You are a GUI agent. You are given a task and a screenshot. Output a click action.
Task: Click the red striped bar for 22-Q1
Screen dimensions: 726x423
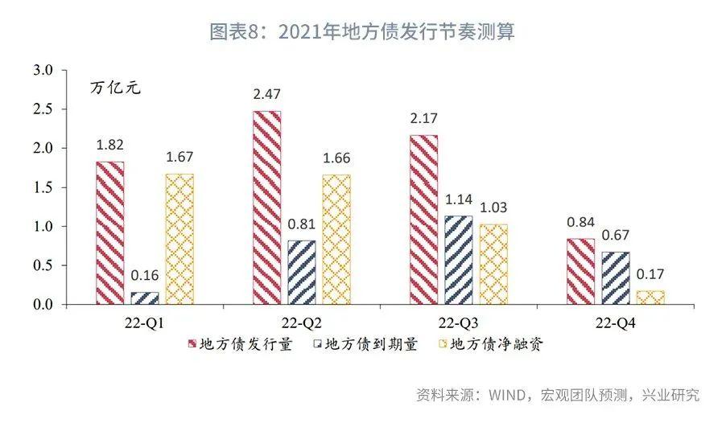point(110,232)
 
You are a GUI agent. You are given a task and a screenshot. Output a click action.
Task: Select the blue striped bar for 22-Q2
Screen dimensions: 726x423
point(301,273)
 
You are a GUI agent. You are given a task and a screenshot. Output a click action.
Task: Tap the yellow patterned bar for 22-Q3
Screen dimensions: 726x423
point(493,265)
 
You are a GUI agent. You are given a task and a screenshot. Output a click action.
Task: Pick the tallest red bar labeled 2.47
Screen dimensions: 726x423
point(266,207)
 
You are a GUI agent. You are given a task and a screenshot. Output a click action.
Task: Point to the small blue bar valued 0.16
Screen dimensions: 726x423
point(145,298)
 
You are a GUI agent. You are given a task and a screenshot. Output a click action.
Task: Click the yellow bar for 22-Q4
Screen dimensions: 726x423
point(650,298)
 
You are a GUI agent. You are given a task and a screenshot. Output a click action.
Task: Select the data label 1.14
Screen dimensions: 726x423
point(459,199)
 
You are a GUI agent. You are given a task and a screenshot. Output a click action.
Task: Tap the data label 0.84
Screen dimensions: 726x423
point(580,222)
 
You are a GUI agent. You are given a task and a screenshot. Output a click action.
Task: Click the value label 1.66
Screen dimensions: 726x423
point(336,158)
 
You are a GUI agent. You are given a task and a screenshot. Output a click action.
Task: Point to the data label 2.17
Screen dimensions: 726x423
point(423,118)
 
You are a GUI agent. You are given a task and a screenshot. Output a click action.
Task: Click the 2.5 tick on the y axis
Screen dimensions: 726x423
point(43,109)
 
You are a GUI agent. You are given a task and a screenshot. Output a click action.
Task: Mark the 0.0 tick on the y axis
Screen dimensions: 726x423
point(43,305)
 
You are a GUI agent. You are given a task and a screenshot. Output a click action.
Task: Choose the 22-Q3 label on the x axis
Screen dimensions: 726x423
point(459,322)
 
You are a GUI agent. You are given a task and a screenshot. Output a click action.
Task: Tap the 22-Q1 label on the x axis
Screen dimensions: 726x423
point(144,322)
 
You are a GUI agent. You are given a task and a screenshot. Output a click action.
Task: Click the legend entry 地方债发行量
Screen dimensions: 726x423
point(241,344)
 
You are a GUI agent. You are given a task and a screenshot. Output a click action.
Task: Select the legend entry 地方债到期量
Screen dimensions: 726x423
point(365,344)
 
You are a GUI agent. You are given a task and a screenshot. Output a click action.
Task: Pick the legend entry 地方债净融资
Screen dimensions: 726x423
point(491,344)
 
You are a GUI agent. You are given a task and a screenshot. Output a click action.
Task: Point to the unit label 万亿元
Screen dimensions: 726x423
point(115,88)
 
